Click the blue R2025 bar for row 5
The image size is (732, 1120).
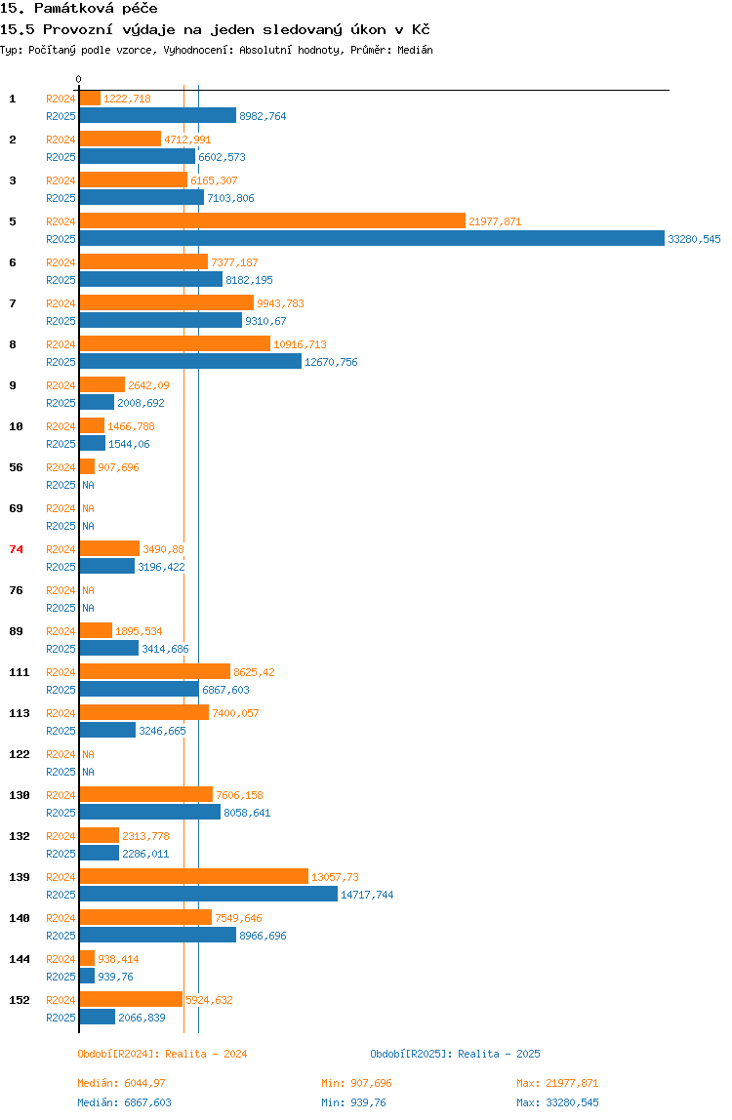371,238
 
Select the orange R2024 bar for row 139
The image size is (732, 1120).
193,876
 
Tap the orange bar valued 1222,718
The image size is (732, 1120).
90,98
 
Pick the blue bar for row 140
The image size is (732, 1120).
157,935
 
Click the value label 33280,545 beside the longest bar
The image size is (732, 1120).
694,239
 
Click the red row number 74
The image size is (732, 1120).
16,549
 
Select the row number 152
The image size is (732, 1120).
19,1000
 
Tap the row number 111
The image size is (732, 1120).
19,672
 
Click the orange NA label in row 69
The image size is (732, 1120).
88,508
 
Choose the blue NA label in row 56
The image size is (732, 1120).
88,485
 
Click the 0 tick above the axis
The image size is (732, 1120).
79,80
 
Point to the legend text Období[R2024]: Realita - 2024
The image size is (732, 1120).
162,1054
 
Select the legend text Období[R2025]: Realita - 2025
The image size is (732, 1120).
455,1054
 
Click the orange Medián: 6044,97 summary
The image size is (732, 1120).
128,1083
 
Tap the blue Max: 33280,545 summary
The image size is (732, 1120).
557,1102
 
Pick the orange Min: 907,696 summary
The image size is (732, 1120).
356,1083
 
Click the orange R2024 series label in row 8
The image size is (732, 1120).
61,344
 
